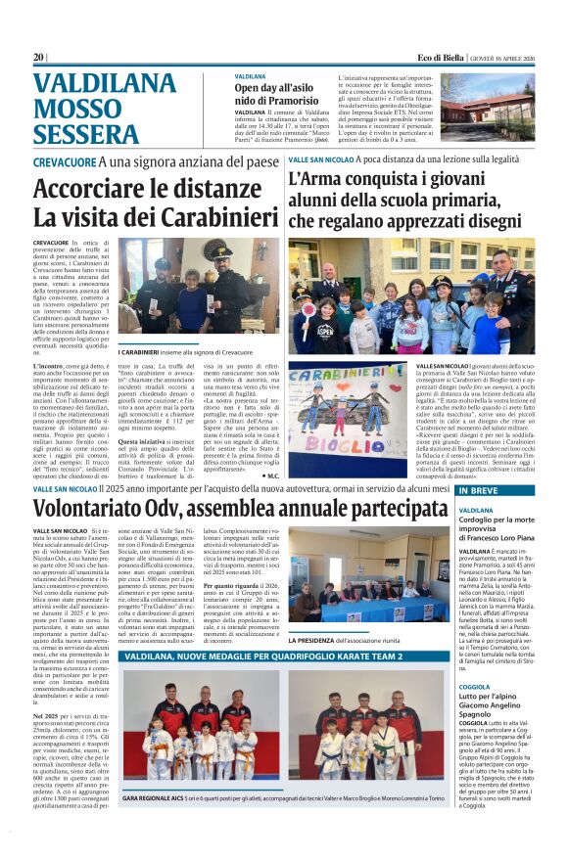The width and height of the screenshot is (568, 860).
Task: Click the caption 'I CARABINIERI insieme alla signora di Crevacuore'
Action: pyautogui.click(x=186, y=352)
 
